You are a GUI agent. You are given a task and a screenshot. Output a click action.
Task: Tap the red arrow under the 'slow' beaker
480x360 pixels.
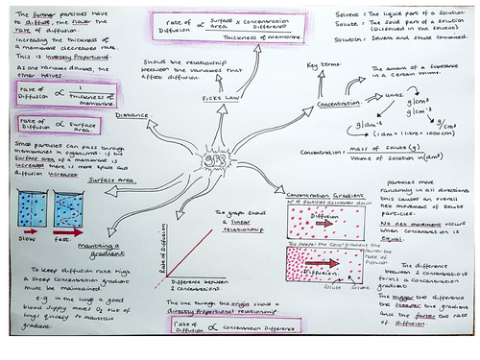31,231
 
